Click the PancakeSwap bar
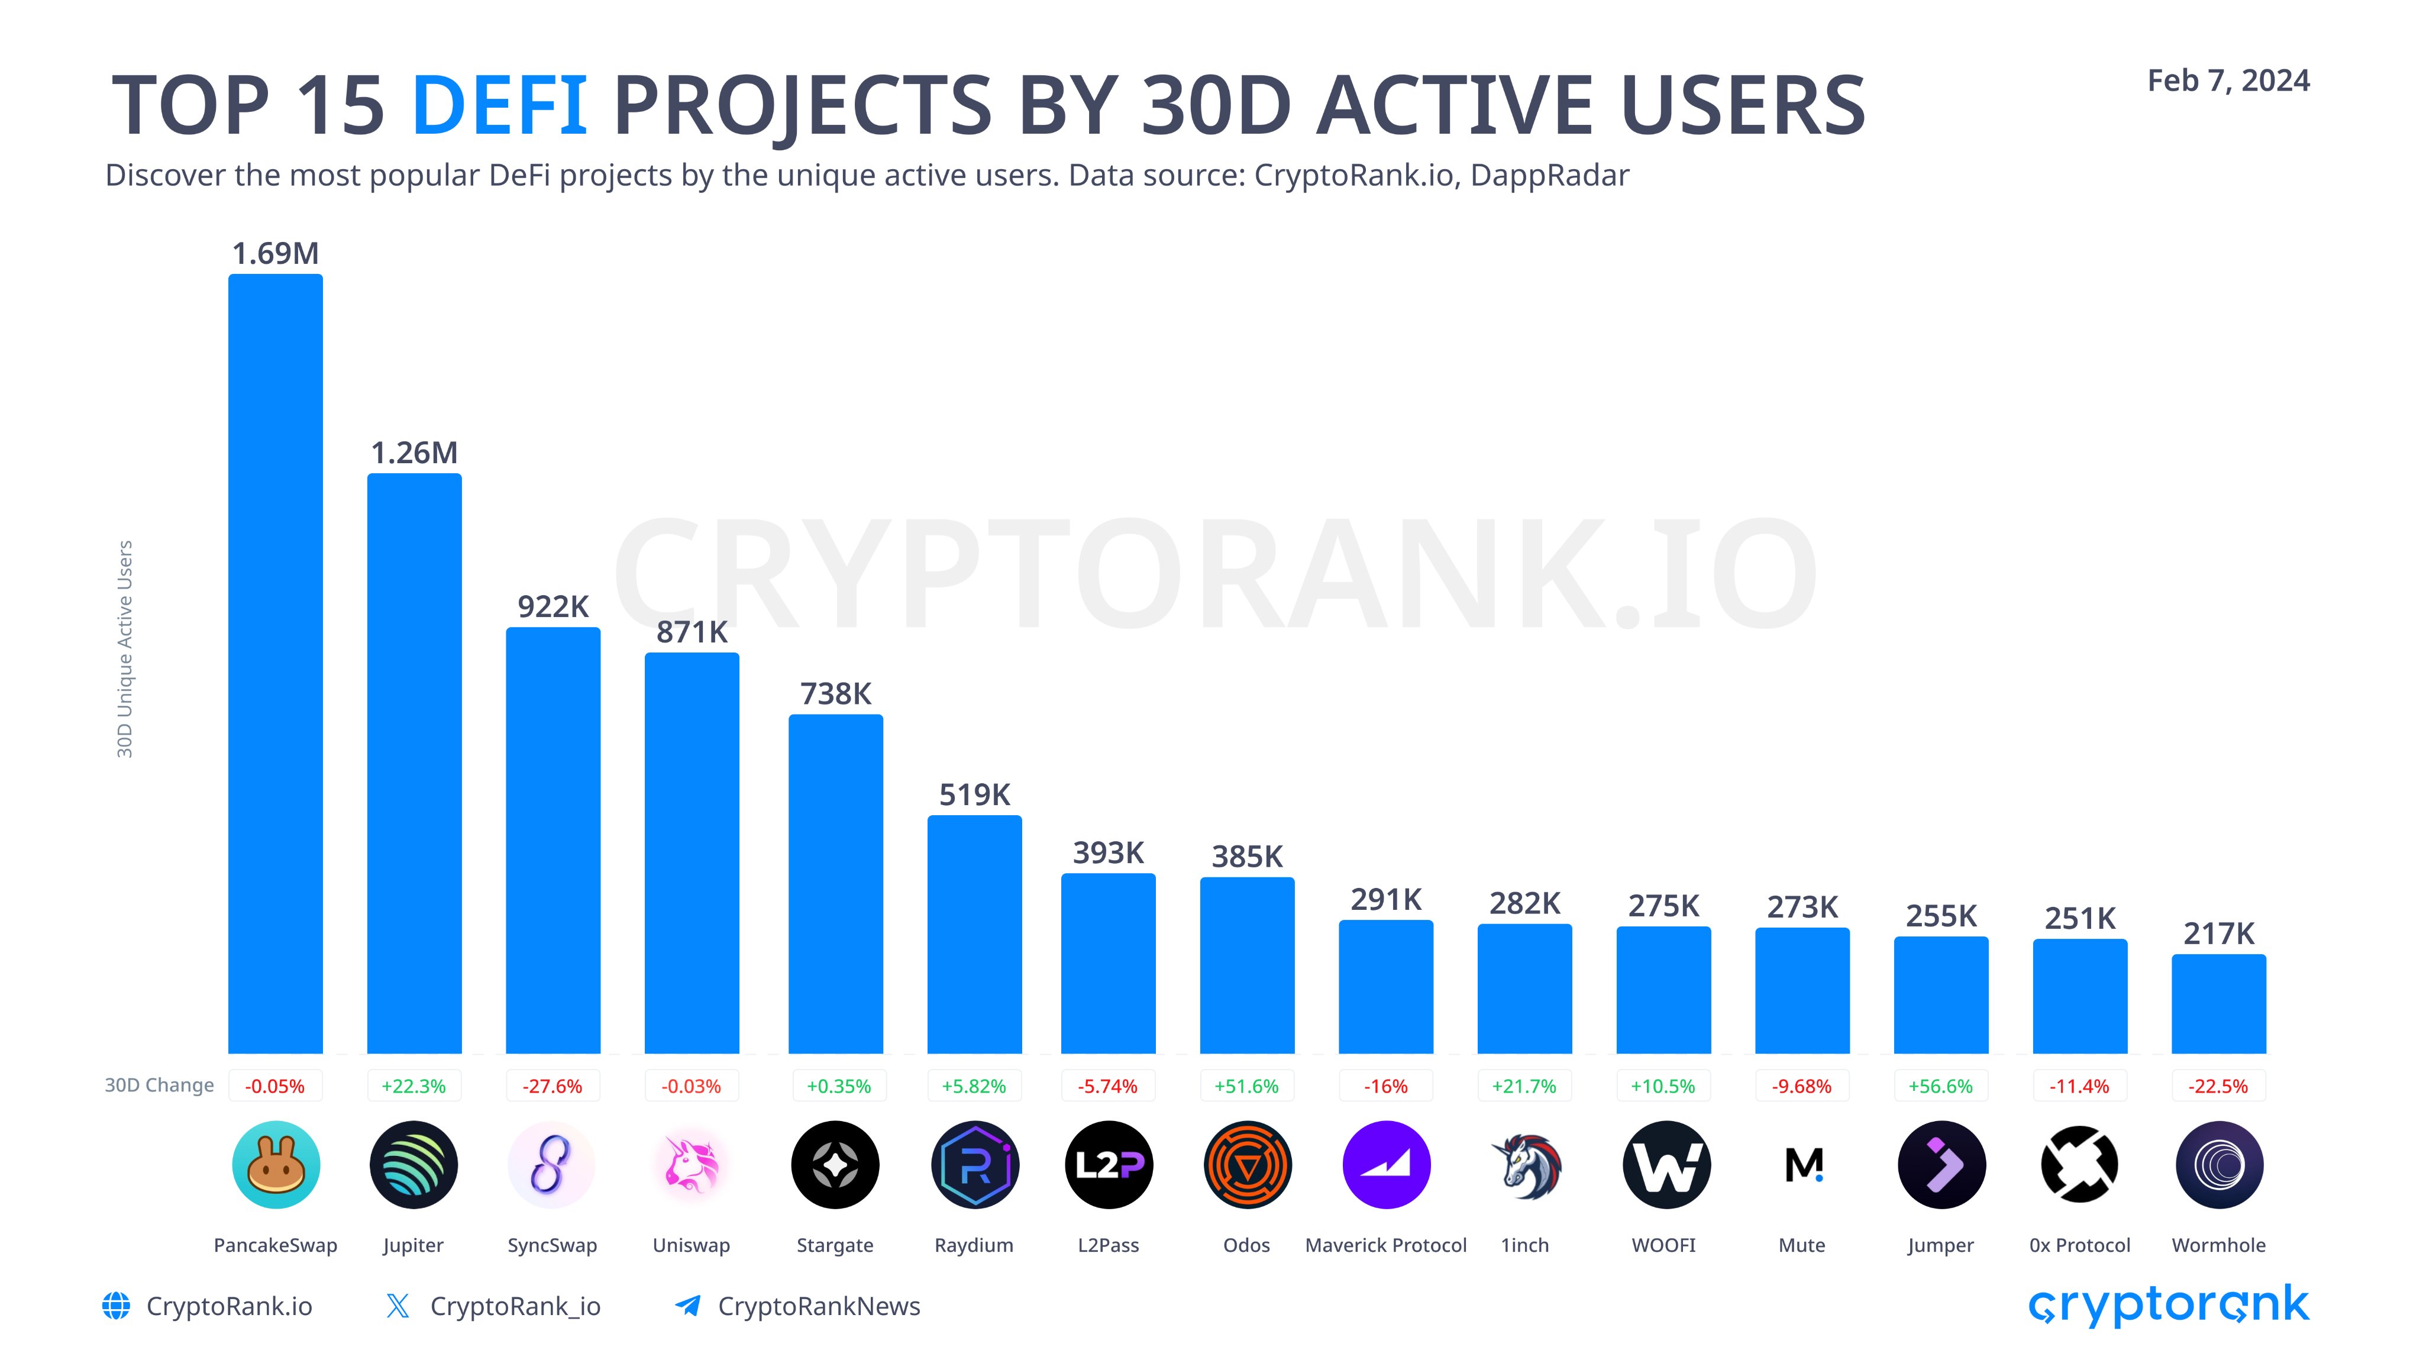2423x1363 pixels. pyautogui.click(x=276, y=663)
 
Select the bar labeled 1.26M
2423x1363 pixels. pyautogui.click(x=414, y=763)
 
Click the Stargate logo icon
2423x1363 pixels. pyautogui.click(x=835, y=1164)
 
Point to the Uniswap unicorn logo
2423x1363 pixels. pyautogui.click(x=692, y=1164)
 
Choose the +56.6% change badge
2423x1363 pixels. pyautogui.click(x=1940, y=1086)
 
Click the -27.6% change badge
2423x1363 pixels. pyautogui.click(x=553, y=1086)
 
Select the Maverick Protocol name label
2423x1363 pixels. pyautogui.click(x=1385, y=1245)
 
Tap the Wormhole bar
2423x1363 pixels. pyautogui.click(x=2219, y=1004)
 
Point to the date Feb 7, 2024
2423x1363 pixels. pyautogui.click(x=2228, y=81)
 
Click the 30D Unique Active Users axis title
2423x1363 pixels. pyautogui.click(x=124, y=649)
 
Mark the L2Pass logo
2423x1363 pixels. pyautogui.click(x=1108, y=1164)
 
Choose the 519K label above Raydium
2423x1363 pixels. pyautogui.click(x=974, y=795)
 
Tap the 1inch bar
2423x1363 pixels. pyautogui.click(x=1524, y=989)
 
